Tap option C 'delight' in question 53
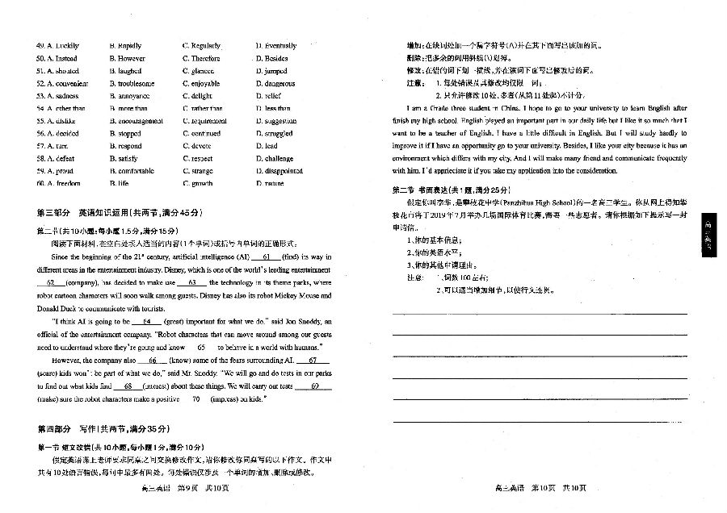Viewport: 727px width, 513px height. pos(200,96)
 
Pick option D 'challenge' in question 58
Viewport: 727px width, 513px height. pos(279,158)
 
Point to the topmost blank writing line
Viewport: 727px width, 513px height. pos(539,313)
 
